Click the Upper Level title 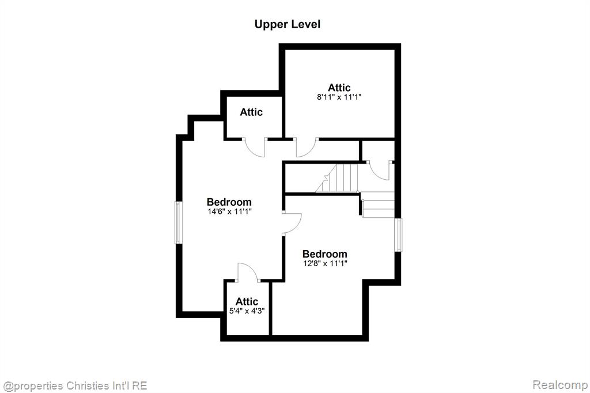[x=288, y=24]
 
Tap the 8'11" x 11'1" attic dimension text [x=339, y=97]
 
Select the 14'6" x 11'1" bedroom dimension [x=229, y=211]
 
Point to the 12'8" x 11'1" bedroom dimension [x=325, y=263]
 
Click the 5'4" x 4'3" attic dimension [x=247, y=311]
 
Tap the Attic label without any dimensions [x=251, y=112]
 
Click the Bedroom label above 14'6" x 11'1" [x=229, y=202]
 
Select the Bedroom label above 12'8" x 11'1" [x=325, y=254]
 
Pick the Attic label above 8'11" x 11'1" [x=339, y=88]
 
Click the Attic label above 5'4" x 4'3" [x=247, y=301]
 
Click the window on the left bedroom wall [x=179, y=222]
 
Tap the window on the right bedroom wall [x=398, y=235]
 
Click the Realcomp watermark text [x=560, y=385]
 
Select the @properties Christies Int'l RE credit [x=75, y=386]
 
